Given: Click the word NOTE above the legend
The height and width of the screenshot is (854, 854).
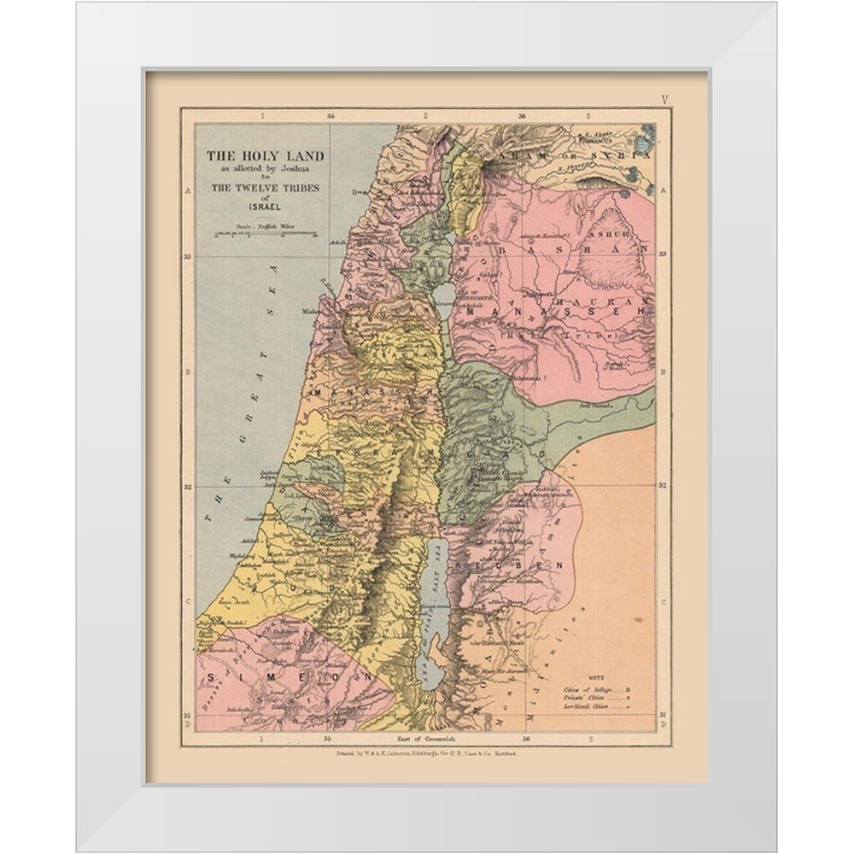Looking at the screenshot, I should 596,676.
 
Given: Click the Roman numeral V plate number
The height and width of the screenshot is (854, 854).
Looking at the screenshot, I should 664,100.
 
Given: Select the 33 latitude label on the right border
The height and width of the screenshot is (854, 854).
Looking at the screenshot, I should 664,254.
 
